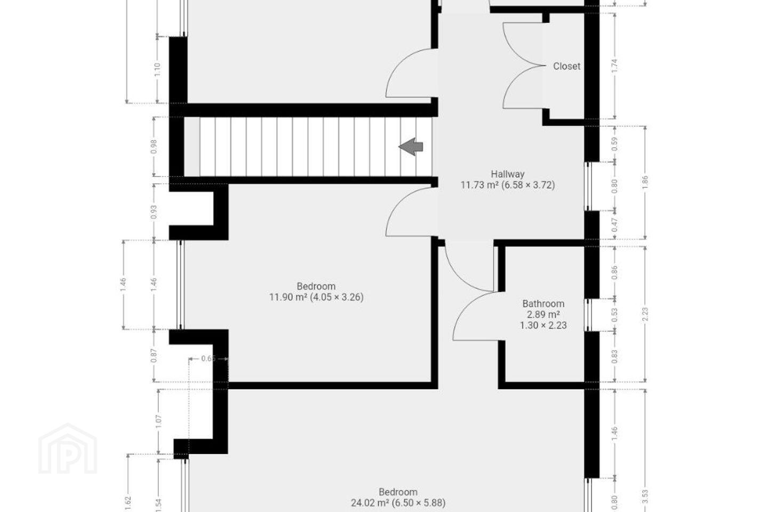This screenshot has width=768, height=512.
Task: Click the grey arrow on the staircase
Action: [x=411, y=147]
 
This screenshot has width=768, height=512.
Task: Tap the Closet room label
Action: [x=566, y=66]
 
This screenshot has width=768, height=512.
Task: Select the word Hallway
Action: [x=507, y=174]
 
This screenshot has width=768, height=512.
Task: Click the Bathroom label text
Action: [x=543, y=303]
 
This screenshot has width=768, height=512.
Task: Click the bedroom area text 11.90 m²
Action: [x=288, y=297]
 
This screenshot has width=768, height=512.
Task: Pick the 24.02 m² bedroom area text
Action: [x=370, y=503]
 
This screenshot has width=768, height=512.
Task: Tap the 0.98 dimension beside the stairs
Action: [x=154, y=147]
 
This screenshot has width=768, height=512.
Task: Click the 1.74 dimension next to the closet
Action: [x=614, y=66]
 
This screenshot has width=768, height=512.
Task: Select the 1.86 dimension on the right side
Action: [x=645, y=183]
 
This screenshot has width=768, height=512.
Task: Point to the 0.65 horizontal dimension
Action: [x=208, y=358]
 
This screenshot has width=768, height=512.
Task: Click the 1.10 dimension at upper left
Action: [x=157, y=70]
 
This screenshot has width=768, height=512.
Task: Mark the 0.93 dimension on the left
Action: [x=154, y=212]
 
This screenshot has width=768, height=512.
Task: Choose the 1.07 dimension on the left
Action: [x=158, y=421]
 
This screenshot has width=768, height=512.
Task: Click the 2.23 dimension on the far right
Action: [x=645, y=314]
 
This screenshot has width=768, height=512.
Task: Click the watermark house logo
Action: [x=68, y=449]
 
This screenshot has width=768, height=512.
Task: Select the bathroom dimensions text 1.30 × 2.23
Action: [x=543, y=325]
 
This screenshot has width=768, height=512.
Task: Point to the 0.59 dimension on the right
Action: [x=614, y=144]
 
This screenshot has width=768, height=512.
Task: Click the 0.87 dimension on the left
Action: [x=154, y=356]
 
